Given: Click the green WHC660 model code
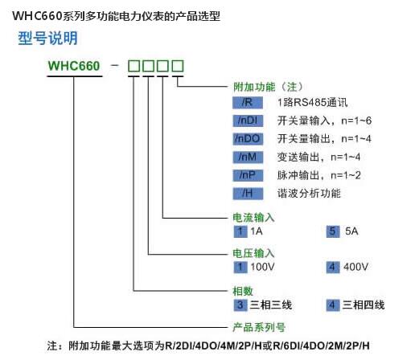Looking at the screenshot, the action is coord(74,66).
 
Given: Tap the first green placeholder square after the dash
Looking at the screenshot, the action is coord(134,66).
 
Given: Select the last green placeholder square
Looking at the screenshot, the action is coord(178,66).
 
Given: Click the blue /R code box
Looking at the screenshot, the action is coord(248,102).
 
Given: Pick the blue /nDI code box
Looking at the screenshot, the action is coord(248,121).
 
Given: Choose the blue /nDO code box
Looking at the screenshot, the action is coord(248,139).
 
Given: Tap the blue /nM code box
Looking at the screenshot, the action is coord(248,157).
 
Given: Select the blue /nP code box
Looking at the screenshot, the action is coord(248,175).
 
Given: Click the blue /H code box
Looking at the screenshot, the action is coord(248,194).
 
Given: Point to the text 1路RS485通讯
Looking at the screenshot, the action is coord(313,102).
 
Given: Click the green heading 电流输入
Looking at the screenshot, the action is coord(253,218).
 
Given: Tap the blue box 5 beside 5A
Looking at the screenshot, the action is coord(332,231).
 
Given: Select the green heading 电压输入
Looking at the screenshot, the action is coord(253,253).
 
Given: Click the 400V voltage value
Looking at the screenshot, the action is coord(355,267).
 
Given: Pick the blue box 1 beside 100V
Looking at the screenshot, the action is coord(240,267).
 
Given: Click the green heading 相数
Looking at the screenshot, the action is coord(243,291).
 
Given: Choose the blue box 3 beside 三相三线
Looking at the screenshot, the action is coord(240,305).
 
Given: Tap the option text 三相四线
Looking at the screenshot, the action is coord(364,305).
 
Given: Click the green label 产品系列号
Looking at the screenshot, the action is coord(259,327).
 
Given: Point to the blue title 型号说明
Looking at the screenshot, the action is coord(47,38).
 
